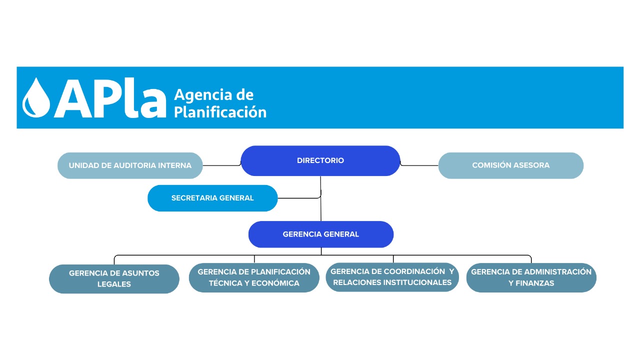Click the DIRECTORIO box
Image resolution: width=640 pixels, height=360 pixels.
point(320,160)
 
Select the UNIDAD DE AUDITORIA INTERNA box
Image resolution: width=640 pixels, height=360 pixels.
point(130,165)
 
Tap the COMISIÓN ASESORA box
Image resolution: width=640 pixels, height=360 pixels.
point(511,165)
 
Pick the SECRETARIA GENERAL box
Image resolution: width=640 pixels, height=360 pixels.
point(212,198)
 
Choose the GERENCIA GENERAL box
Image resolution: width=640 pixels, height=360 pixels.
point(321,234)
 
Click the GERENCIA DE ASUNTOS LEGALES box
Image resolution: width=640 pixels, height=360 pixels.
point(114,278)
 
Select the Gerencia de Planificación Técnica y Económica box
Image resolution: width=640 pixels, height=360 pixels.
point(254,277)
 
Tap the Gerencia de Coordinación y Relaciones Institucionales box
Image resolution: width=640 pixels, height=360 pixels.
point(392,277)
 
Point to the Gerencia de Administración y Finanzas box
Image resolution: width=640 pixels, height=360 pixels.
point(531,277)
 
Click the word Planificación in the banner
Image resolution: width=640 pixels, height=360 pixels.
point(220,112)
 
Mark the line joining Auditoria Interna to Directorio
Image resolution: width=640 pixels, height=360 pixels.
point(221,165)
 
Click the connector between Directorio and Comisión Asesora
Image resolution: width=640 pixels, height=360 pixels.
point(419,165)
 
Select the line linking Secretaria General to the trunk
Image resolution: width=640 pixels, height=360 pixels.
point(299,197)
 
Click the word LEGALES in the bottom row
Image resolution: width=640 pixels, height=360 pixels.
point(114,284)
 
